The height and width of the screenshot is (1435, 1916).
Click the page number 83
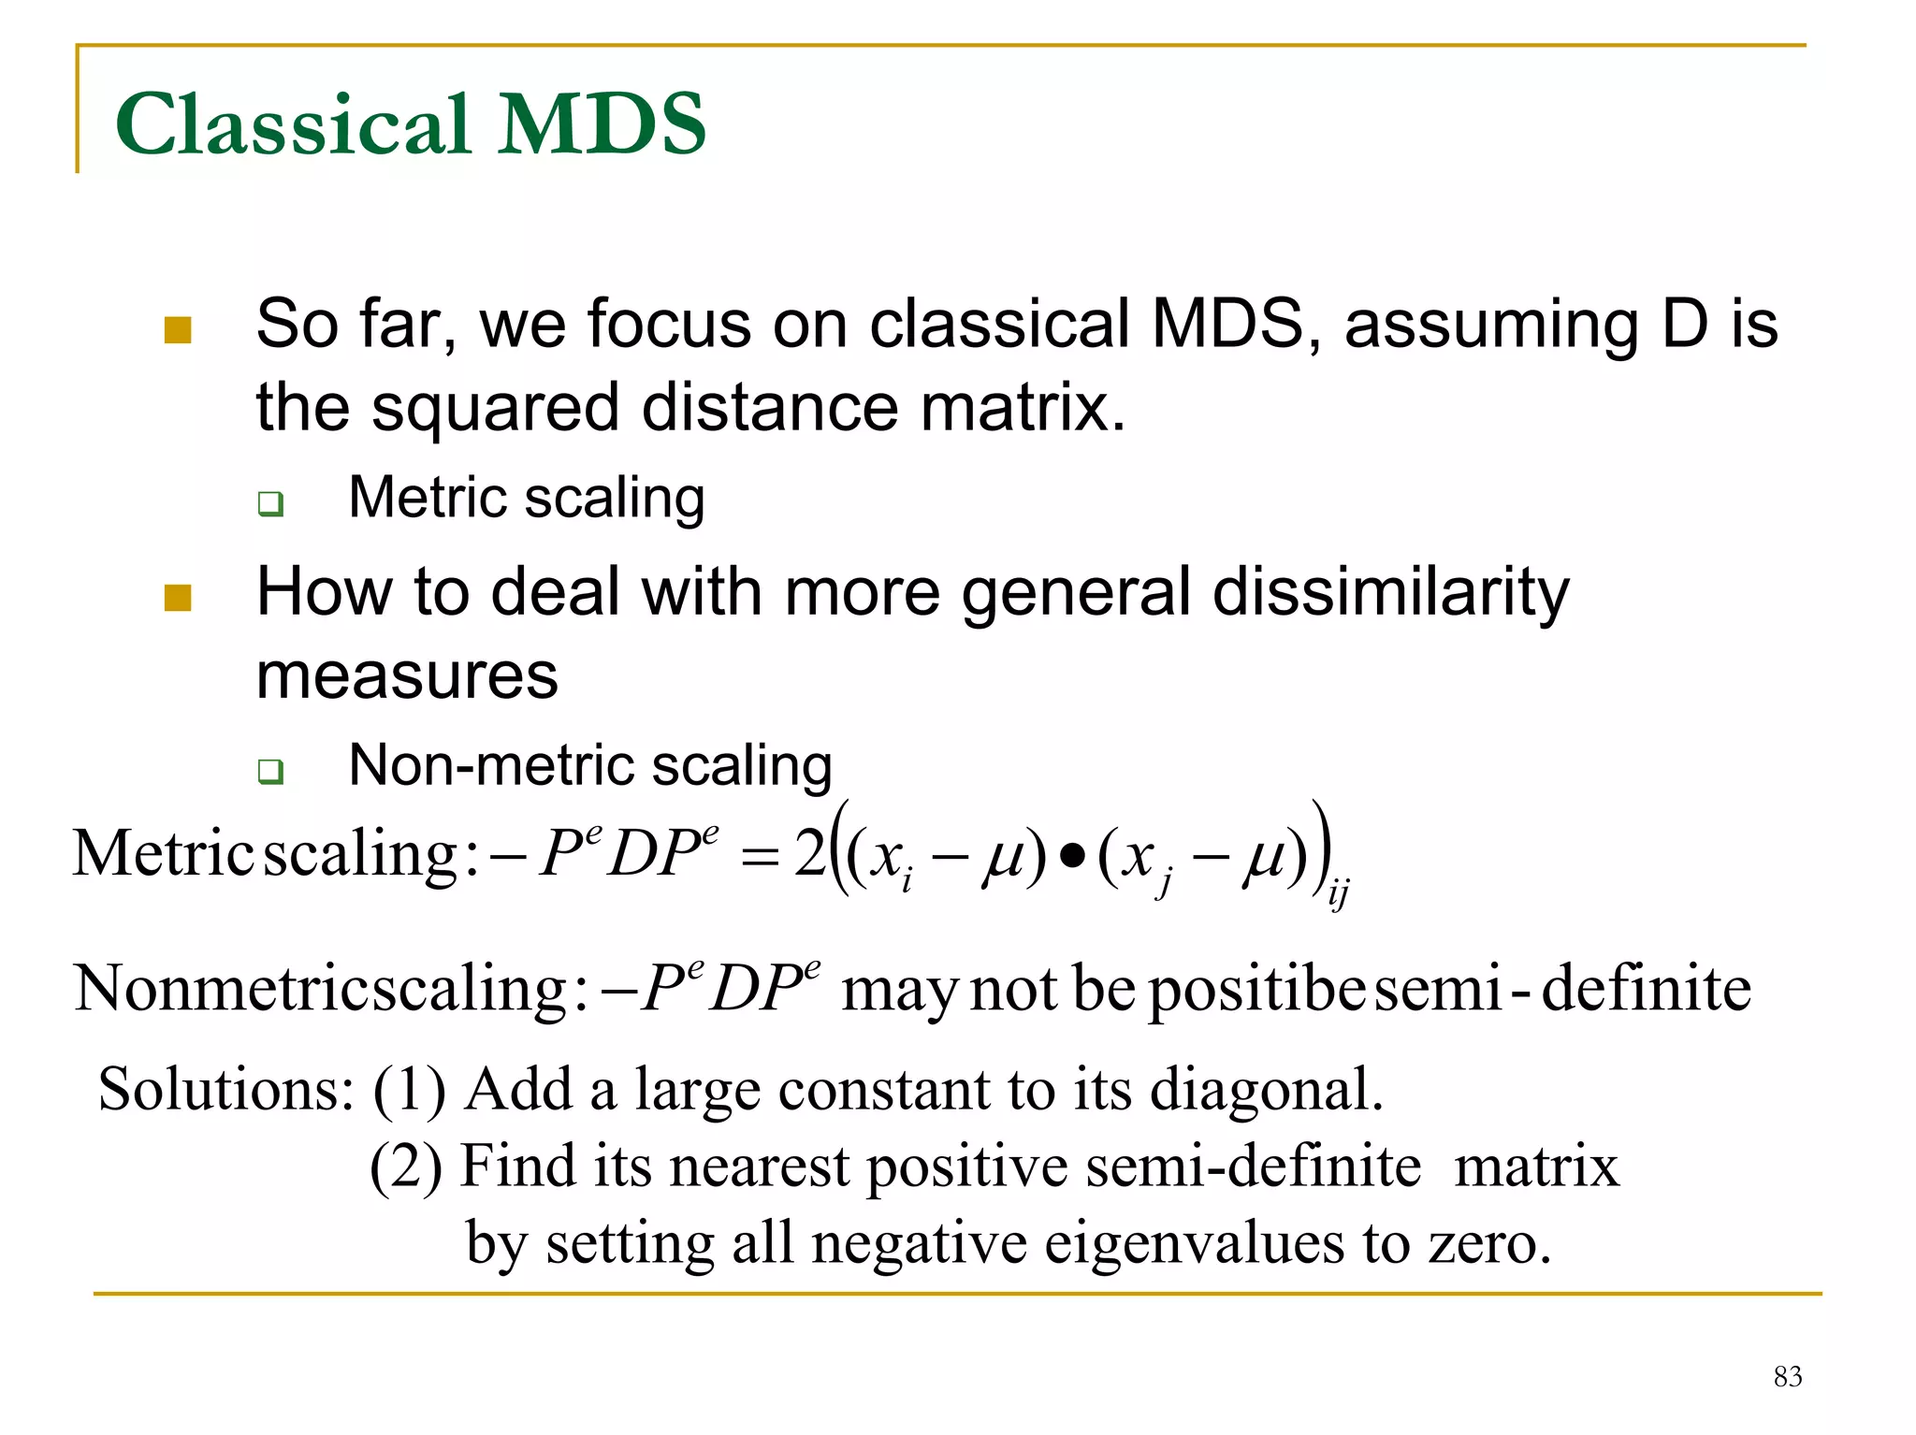1787,1376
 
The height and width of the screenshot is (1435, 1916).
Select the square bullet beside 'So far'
178,330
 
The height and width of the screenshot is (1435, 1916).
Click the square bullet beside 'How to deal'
178,598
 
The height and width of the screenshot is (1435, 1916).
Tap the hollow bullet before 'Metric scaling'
270,503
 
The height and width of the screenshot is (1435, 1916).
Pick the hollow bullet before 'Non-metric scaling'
270,772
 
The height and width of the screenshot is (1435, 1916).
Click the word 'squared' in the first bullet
495,409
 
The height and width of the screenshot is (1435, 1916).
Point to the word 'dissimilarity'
1390,593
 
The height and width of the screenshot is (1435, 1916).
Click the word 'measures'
407,675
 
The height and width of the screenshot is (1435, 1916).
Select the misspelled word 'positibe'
1256,990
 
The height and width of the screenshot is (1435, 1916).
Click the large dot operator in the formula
1073,855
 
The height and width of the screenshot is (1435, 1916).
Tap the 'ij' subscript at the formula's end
1339,895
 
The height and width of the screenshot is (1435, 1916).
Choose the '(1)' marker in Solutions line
409,1090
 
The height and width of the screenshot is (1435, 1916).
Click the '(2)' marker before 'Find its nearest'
406,1167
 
